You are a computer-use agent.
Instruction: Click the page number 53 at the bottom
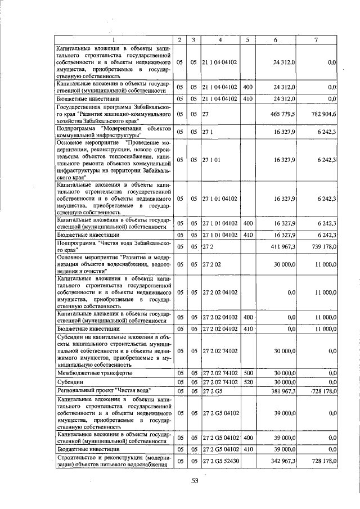196,481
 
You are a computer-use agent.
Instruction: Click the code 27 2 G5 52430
220,461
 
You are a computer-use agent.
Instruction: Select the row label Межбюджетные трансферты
95,372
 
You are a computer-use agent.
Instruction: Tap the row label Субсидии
70,381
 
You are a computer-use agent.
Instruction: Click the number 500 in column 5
247,372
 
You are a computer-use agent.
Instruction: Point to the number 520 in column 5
247,381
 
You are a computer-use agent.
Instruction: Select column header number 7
316,39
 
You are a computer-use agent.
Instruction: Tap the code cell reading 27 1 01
210,160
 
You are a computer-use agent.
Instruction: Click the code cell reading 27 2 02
210,263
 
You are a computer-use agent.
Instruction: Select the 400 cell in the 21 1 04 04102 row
247,87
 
